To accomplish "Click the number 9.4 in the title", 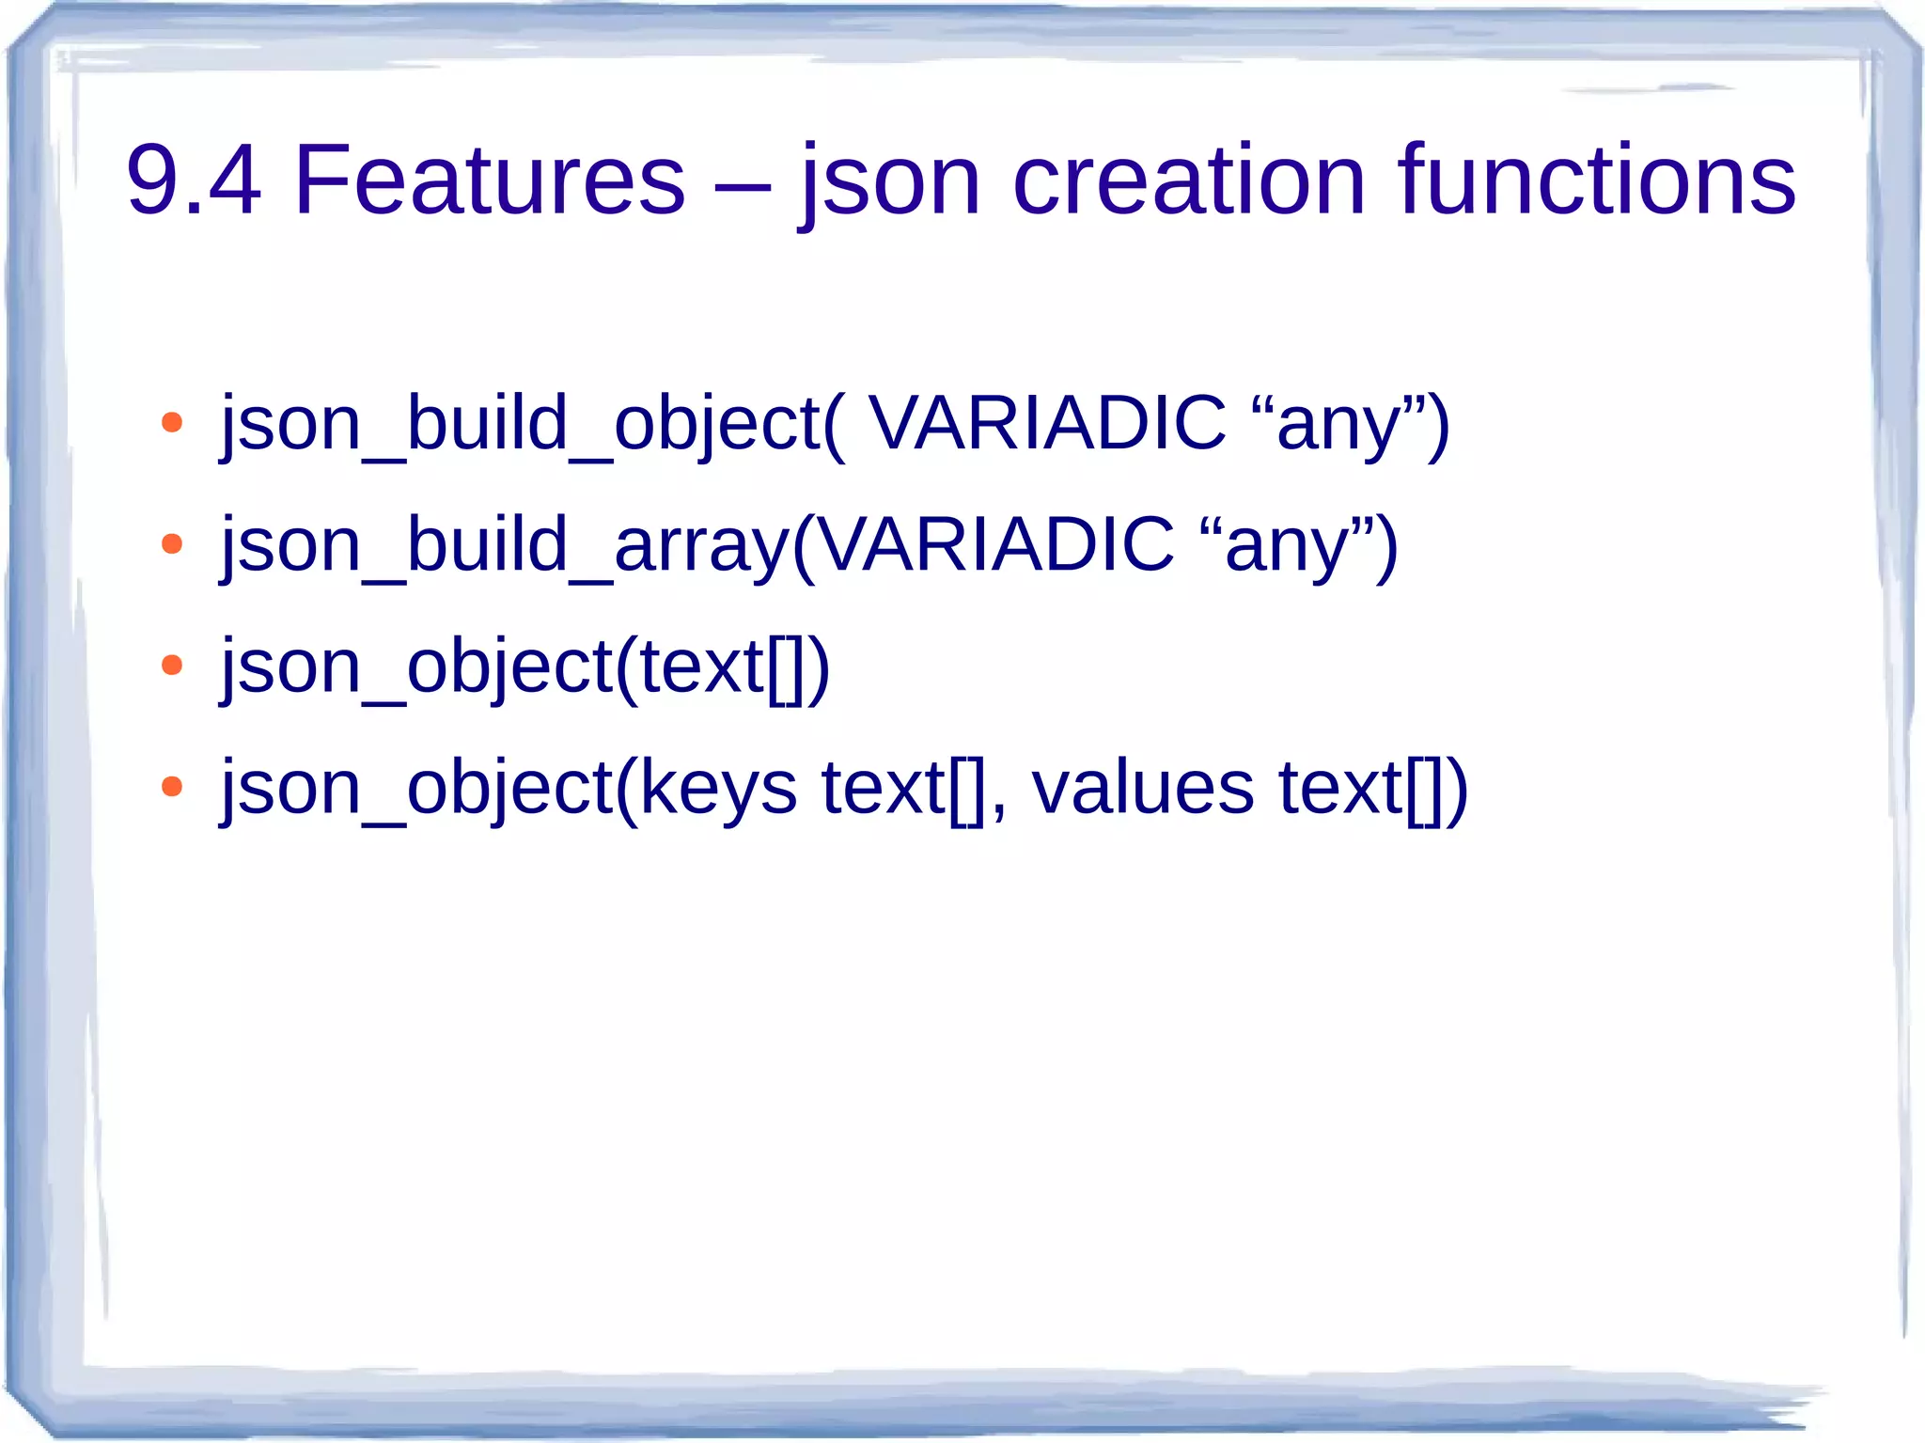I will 193,180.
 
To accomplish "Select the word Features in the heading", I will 490,180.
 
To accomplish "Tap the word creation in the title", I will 1188,180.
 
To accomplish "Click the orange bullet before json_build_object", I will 172,423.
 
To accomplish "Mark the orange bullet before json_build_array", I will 172,544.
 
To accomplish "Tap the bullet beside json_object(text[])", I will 172,666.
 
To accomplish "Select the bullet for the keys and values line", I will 172,787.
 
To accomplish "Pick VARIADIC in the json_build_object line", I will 1046,423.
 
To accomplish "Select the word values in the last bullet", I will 1142,787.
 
